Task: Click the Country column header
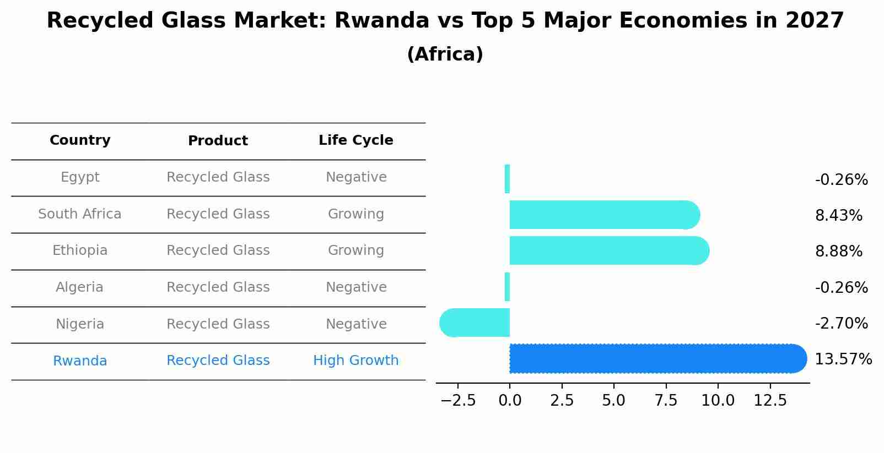[80, 140]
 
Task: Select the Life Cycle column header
[355, 140]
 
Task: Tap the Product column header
[218, 141]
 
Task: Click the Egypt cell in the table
[80, 177]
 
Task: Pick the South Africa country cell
[80, 214]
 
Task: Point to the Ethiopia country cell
[80, 250]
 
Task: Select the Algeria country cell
[80, 287]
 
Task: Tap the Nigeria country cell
[80, 324]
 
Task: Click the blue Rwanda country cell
[80, 361]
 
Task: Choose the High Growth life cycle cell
[355, 361]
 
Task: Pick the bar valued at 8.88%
[606, 250]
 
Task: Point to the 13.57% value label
[843, 359]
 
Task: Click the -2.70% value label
[841, 323]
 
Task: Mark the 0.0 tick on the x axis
[510, 400]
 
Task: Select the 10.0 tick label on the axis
[718, 400]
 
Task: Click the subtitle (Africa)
[445, 54]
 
